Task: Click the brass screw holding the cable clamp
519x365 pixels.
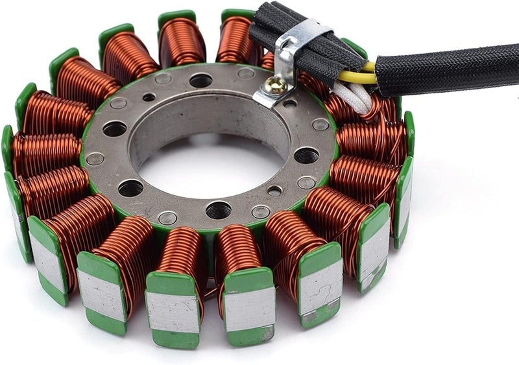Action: tap(276, 82)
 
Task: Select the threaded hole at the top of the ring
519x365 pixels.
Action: tap(200, 81)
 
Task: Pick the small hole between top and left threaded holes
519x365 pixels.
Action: tap(149, 97)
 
